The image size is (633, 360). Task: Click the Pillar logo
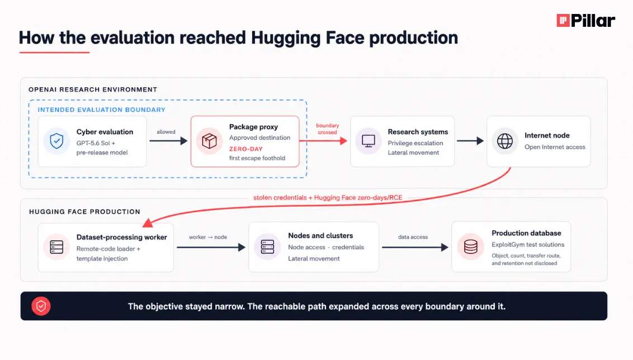tap(586, 20)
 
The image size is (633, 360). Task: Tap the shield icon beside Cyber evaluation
tap(56, 141)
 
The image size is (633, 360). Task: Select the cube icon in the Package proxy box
tap(209, 141)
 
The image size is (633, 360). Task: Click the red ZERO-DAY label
tap(246, 149)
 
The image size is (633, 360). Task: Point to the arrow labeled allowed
tap(168, 141)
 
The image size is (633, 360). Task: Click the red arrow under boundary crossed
tap(323, 141)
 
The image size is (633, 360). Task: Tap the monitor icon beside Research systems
tap(368, 141)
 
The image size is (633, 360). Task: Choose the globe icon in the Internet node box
tap(504, 141)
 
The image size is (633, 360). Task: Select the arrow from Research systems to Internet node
tap(470, 141)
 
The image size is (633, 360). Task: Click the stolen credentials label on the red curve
tap(328, 198)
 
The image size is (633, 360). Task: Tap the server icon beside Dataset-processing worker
tap(56, 247)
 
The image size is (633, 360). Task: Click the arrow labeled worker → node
tap(211, 247)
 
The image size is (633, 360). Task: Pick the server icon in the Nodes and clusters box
tap(267, 247)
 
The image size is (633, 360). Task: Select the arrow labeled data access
tap(415, 247)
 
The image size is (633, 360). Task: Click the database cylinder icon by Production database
tap(471, 247)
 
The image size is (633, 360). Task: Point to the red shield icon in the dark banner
tap(41, 306)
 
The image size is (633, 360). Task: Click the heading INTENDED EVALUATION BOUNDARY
tap(101, 110)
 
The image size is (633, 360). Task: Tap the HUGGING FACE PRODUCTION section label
tap(85, 212)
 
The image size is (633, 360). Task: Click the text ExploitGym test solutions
tap(528, 245)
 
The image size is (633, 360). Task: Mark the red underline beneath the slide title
tap(54, 52)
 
